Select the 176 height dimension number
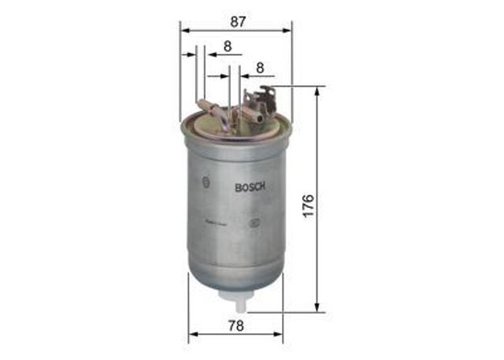(x=309, y=205)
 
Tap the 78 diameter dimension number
(x=235, y=325)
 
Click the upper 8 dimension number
(x=228, y=46)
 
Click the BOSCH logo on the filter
(x=251, y=187)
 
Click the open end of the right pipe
(x=258, y=120)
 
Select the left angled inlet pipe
(x=210, y=108)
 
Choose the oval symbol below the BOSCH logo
(x=254, y=223)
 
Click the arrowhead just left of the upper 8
(x=210, y=55)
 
